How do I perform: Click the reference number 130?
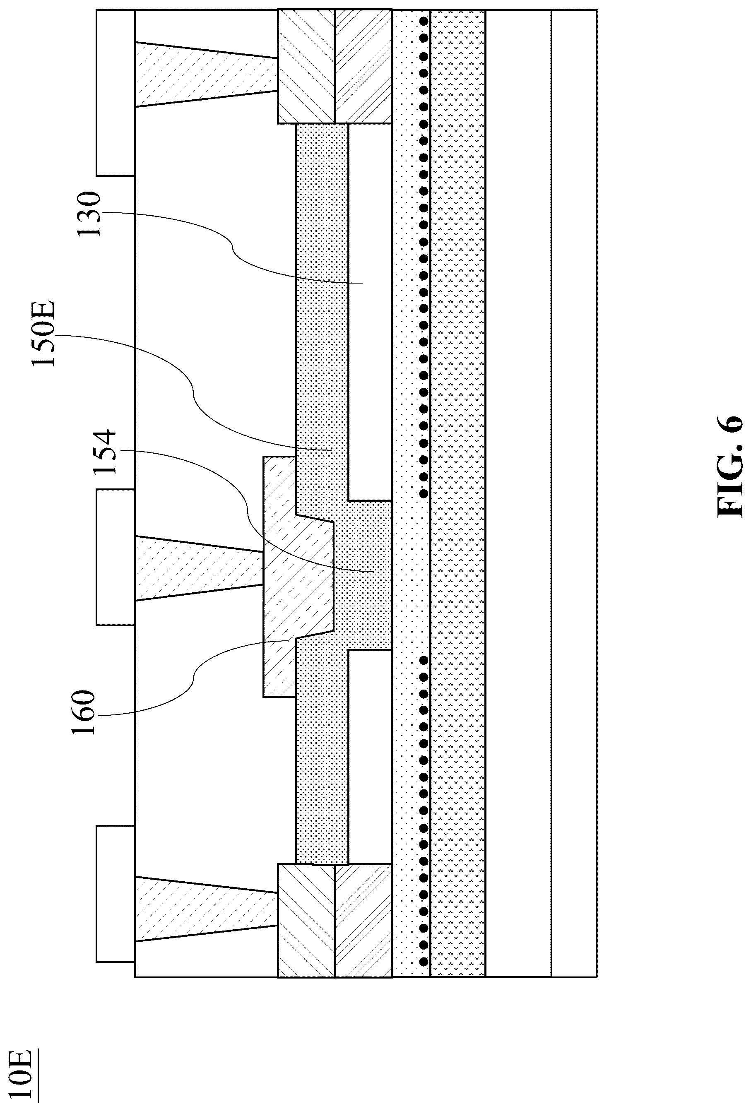pos(89,214)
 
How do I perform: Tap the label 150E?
pos(44,333)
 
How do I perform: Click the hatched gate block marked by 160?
pos(296,578)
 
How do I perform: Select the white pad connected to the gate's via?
pos(115,557)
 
